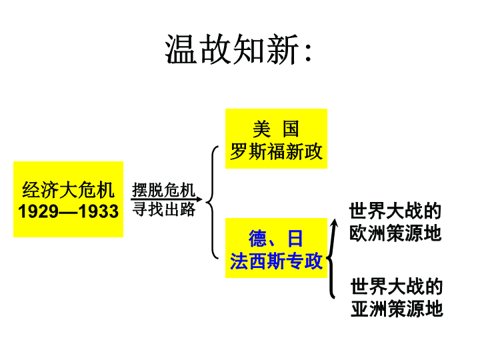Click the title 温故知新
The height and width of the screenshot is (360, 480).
coord(232,49)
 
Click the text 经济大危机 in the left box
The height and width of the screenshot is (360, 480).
coord(68,190)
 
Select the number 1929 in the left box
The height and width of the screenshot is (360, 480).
coord(38,211)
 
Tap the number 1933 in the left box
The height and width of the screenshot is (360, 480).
coord(98,211)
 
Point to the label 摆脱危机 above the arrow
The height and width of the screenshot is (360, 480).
coord(163,190)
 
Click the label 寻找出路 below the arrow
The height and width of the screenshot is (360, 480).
coord(164,209)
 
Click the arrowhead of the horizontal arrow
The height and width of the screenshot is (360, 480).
coord(199,199)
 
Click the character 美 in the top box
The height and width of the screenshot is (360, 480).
coord(262,129)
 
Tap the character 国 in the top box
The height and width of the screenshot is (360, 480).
coord(291,129)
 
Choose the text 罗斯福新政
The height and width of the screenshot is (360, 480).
coord(276,151)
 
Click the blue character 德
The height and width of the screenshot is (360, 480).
coord(258,239)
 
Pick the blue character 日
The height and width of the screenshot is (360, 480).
coord(295,239)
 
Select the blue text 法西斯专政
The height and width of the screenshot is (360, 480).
coord(276,261)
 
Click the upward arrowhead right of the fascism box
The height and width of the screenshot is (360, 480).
coord(335,223)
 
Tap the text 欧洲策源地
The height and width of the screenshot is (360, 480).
coord(395,233)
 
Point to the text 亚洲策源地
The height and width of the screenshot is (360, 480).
coord(397,308)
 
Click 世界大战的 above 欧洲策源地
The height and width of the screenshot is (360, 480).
coord(395,211)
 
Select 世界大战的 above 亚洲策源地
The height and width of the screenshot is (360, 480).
coord(397,286)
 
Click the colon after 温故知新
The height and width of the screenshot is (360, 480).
coord(308,51)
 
